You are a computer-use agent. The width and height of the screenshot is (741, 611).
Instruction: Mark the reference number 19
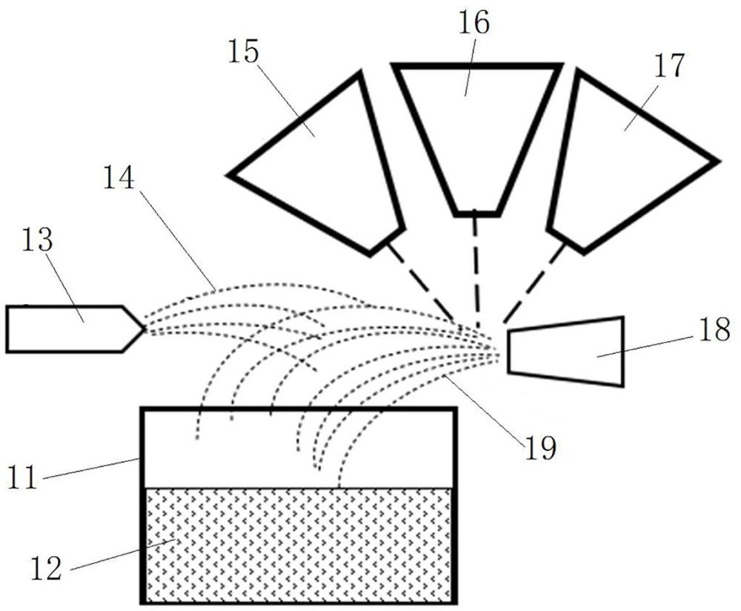pos(539,448)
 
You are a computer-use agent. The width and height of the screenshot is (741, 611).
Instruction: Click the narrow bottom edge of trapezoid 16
pos(476,213)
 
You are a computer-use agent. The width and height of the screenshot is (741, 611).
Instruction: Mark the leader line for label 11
pos(93,467)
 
